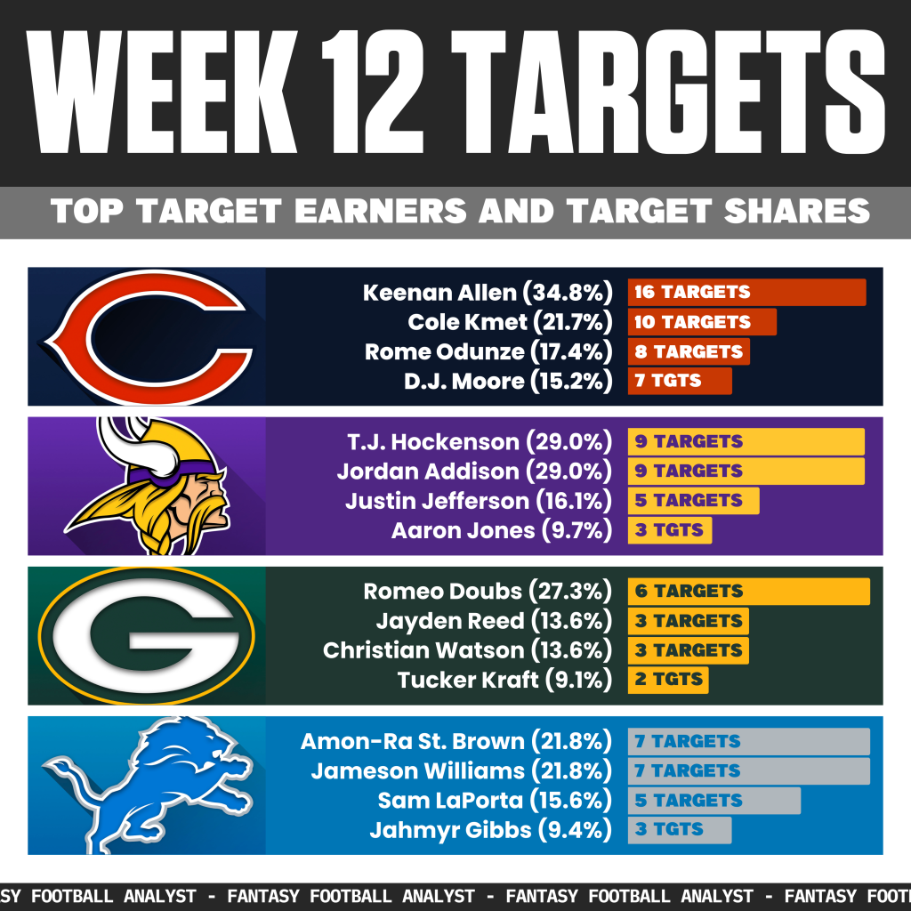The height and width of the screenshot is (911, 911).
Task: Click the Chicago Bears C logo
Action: click(x=147, y=336)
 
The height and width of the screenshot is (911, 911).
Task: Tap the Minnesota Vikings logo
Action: click(x=147, y=485)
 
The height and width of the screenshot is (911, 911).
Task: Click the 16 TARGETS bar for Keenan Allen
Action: click(x=746, y=292)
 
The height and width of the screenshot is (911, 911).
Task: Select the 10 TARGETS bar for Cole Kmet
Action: click(x=702, y=322)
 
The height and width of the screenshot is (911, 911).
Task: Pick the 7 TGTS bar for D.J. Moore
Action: click(x=680, y=381)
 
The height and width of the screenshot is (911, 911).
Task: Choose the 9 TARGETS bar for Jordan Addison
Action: click(x=746, y=471)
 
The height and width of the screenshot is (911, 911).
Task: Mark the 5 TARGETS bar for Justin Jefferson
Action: click(x=693, y=500)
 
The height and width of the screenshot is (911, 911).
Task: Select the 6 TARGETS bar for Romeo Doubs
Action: click(x=748, y=591)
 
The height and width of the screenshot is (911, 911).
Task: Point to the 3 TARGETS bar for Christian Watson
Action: click(x=688, y=649)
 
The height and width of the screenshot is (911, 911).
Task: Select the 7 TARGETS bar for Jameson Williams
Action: click(x=748, y=770)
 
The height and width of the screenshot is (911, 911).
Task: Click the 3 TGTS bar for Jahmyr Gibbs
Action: click(x=680, y=830)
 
